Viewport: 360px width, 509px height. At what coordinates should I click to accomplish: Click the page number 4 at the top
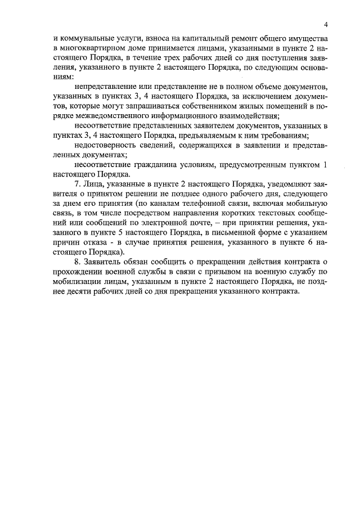[326, 24]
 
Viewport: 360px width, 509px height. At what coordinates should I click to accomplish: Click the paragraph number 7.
[77, 184]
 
